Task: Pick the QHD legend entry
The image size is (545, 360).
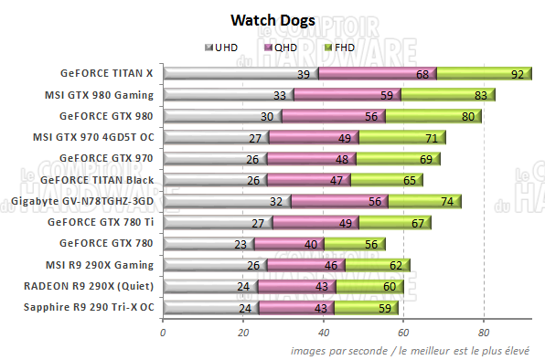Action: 283,47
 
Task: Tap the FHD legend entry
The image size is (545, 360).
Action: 339,47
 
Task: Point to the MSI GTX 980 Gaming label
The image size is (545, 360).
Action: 99,93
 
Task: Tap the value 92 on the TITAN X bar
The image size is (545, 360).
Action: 518,73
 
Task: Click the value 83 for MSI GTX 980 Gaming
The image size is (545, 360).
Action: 481,94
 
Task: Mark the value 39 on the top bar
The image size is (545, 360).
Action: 303,73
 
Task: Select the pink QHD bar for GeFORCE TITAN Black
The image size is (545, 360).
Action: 306,179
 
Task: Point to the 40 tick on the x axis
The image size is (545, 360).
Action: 324,333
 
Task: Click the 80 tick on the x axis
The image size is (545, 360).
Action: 485,333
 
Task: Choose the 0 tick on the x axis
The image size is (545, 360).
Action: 164,333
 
